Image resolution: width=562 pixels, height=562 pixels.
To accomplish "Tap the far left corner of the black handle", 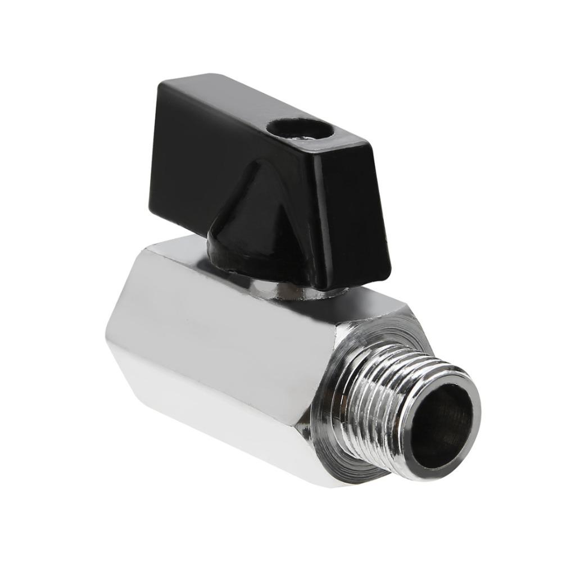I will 160,84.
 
